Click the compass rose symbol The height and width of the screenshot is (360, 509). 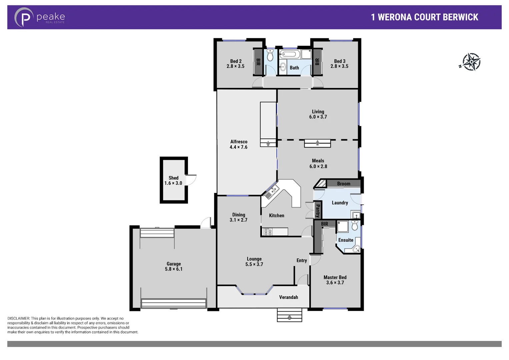[471, 62]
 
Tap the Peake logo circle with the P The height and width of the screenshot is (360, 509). [24, 17]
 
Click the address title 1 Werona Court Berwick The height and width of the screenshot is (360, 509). [424, 17]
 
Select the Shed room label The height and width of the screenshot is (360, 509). [173, 178]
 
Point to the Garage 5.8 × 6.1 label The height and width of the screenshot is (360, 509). [174, 266]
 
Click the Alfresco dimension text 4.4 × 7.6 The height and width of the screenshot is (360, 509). [238, 147]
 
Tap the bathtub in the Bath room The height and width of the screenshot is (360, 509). [290, 54]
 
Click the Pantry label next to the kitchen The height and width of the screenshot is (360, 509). [318, 211]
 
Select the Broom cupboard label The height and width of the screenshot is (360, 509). [344, 184]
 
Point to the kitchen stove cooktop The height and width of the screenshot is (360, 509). [268, 232]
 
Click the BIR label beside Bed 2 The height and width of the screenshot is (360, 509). [258, 62]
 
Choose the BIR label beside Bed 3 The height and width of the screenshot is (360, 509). [317, 62]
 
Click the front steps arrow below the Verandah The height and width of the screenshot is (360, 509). [289, 317]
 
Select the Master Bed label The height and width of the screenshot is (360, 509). [335, 277]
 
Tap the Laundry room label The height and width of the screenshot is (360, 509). [340, 203]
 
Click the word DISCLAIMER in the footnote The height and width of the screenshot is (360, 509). [18, 319]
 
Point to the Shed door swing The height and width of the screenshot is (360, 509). [191, 180]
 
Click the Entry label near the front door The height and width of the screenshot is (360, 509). [302, 261]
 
